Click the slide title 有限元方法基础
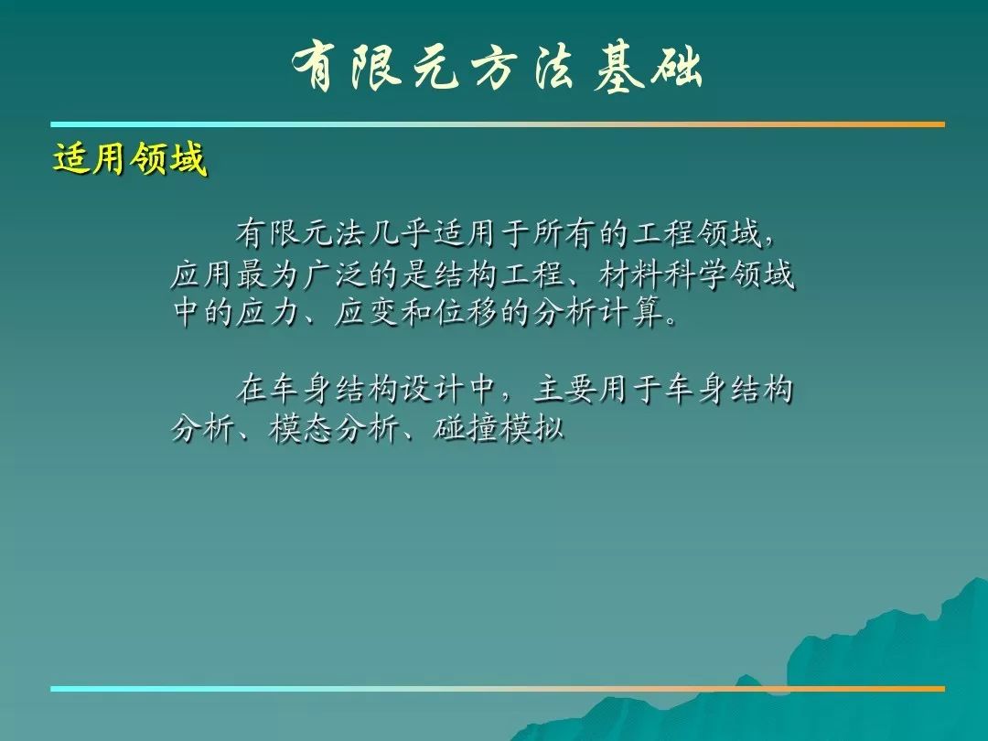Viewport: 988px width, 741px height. click(498, 68)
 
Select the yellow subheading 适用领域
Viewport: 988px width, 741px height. click(130, 158)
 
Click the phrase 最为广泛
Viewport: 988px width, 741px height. click(300, 274)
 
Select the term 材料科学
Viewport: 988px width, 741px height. click(662, 274)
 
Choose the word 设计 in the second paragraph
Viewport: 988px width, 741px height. click(432, 389)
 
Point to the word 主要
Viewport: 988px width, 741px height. click(564, 389)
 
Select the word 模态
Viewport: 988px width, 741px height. click(300, 429)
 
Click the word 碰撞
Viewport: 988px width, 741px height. click(465, 429)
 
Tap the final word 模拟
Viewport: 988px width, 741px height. click(530, 429)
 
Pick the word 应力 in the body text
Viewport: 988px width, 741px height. click(267, 313)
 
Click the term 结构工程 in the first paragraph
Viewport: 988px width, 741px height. click(498, 274)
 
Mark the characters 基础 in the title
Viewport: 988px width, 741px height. click(649, 68)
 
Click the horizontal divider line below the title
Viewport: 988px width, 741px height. click(498, 124)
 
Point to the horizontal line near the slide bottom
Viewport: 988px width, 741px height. click(498, 689)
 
